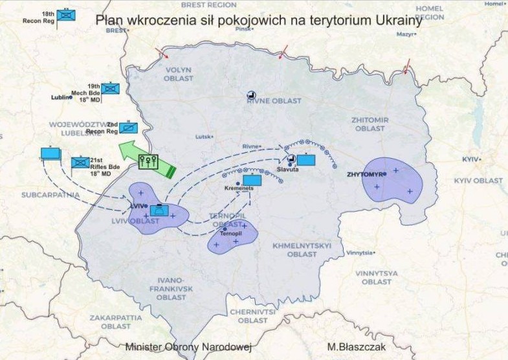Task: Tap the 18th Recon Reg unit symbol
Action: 66,16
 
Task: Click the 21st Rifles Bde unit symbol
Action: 80,163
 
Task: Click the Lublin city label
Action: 61,98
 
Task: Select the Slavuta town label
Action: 287,169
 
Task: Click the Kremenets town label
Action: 237,187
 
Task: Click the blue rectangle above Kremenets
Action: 252,180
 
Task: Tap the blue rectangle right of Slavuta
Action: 305,159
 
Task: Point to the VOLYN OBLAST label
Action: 179,74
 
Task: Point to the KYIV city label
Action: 470,159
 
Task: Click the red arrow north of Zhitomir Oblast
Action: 407,65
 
